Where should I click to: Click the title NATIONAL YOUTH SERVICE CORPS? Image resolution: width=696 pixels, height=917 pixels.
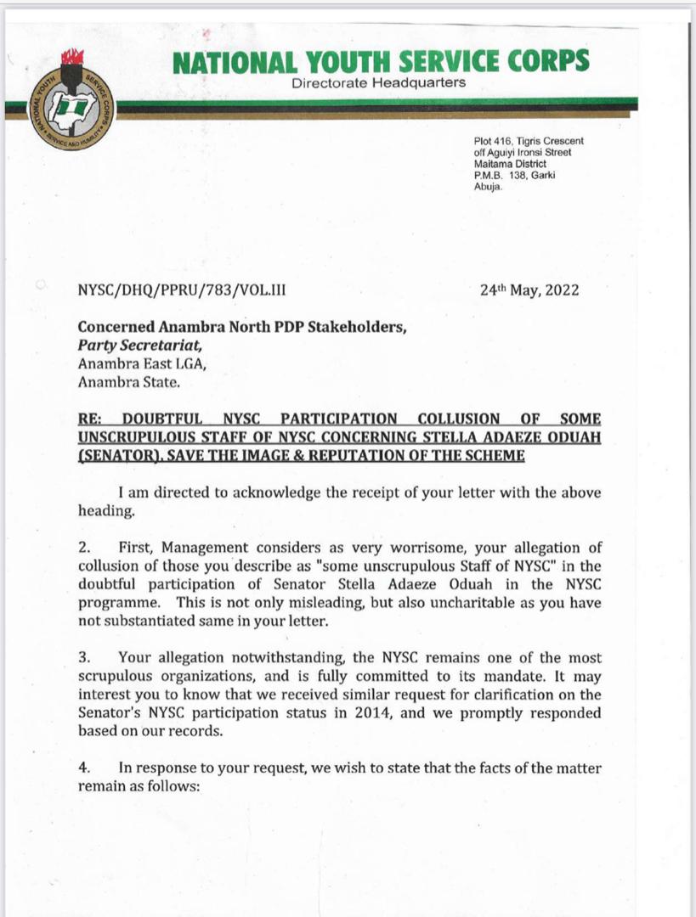click(x=379, y=62)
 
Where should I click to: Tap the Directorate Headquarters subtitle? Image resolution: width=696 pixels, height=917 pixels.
click(x=378, y=83)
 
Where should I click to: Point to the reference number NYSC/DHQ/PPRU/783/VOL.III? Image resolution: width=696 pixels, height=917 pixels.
click(x=182, y=290)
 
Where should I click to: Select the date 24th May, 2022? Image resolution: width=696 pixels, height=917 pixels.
click(x=529, y=290)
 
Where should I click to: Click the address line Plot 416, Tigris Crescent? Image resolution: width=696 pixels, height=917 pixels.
click(x=529, y=141)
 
